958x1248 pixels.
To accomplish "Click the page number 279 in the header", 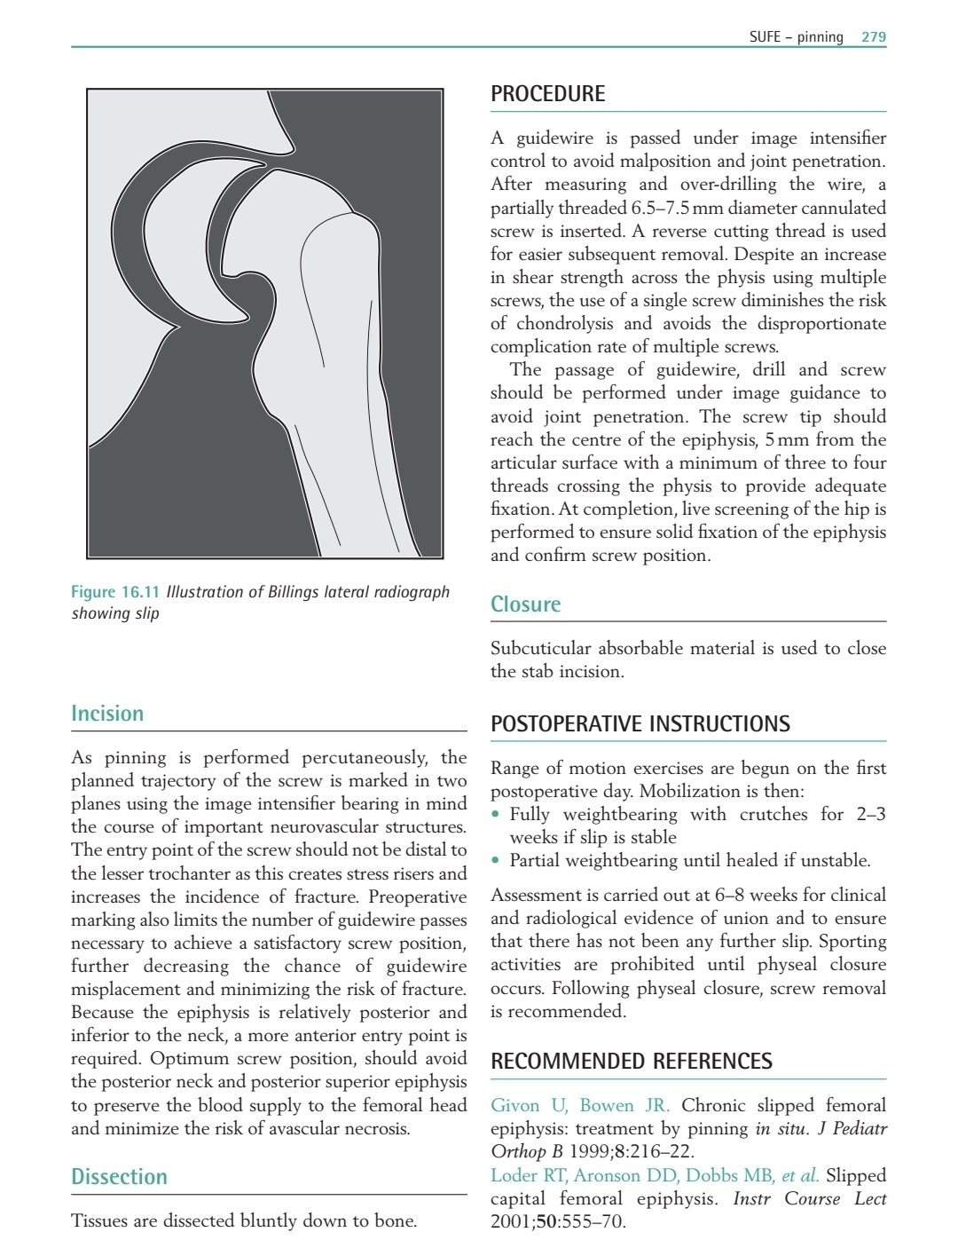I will click(874, 37).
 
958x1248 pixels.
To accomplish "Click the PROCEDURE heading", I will click(547, 94).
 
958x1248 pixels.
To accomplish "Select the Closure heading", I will click(525, 604).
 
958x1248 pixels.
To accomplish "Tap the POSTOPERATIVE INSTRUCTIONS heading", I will click(640, 723).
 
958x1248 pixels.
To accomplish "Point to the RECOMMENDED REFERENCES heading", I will click(631, 1062).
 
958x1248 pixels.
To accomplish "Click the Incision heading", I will click(106, 714).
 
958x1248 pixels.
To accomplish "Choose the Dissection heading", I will click(119, 1177).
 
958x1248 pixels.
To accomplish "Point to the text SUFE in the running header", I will click(765, 37).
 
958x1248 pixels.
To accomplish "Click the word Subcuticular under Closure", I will click(538, 649).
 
